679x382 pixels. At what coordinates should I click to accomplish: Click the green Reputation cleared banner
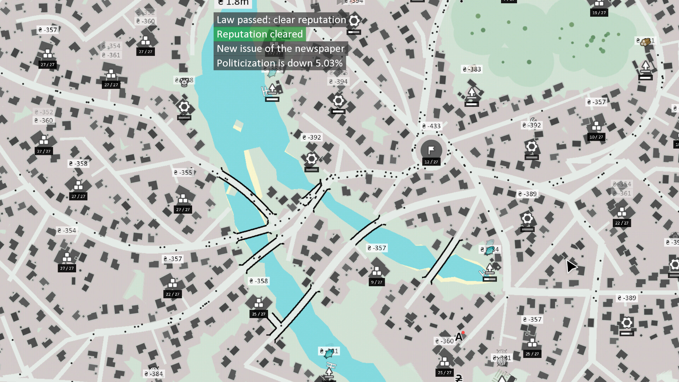260,34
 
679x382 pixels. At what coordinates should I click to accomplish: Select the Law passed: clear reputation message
281,20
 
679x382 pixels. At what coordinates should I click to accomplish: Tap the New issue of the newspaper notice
280,49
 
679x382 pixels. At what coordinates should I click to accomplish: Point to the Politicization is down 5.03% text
279,63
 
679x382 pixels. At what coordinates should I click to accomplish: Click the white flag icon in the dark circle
431,150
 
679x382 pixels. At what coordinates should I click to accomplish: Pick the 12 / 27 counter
431,162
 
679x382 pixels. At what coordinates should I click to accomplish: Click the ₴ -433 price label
431,126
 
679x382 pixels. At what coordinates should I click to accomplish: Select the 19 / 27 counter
599,13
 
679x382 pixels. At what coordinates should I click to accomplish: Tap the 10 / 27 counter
596,137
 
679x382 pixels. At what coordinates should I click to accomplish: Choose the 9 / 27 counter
377,282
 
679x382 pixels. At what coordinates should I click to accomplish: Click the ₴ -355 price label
183,173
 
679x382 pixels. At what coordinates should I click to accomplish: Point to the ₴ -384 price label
153,374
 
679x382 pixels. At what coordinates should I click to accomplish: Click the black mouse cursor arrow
571,266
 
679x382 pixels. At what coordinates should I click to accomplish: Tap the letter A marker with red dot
459,337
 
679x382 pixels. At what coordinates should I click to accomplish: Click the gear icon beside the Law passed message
354,20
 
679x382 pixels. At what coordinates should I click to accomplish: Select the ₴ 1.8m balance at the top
233,3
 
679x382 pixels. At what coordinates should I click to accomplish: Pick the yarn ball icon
502,361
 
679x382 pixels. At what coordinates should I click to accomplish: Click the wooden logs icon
646,42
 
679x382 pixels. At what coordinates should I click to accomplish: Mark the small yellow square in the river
238,125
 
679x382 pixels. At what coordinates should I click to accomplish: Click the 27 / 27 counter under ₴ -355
183,210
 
